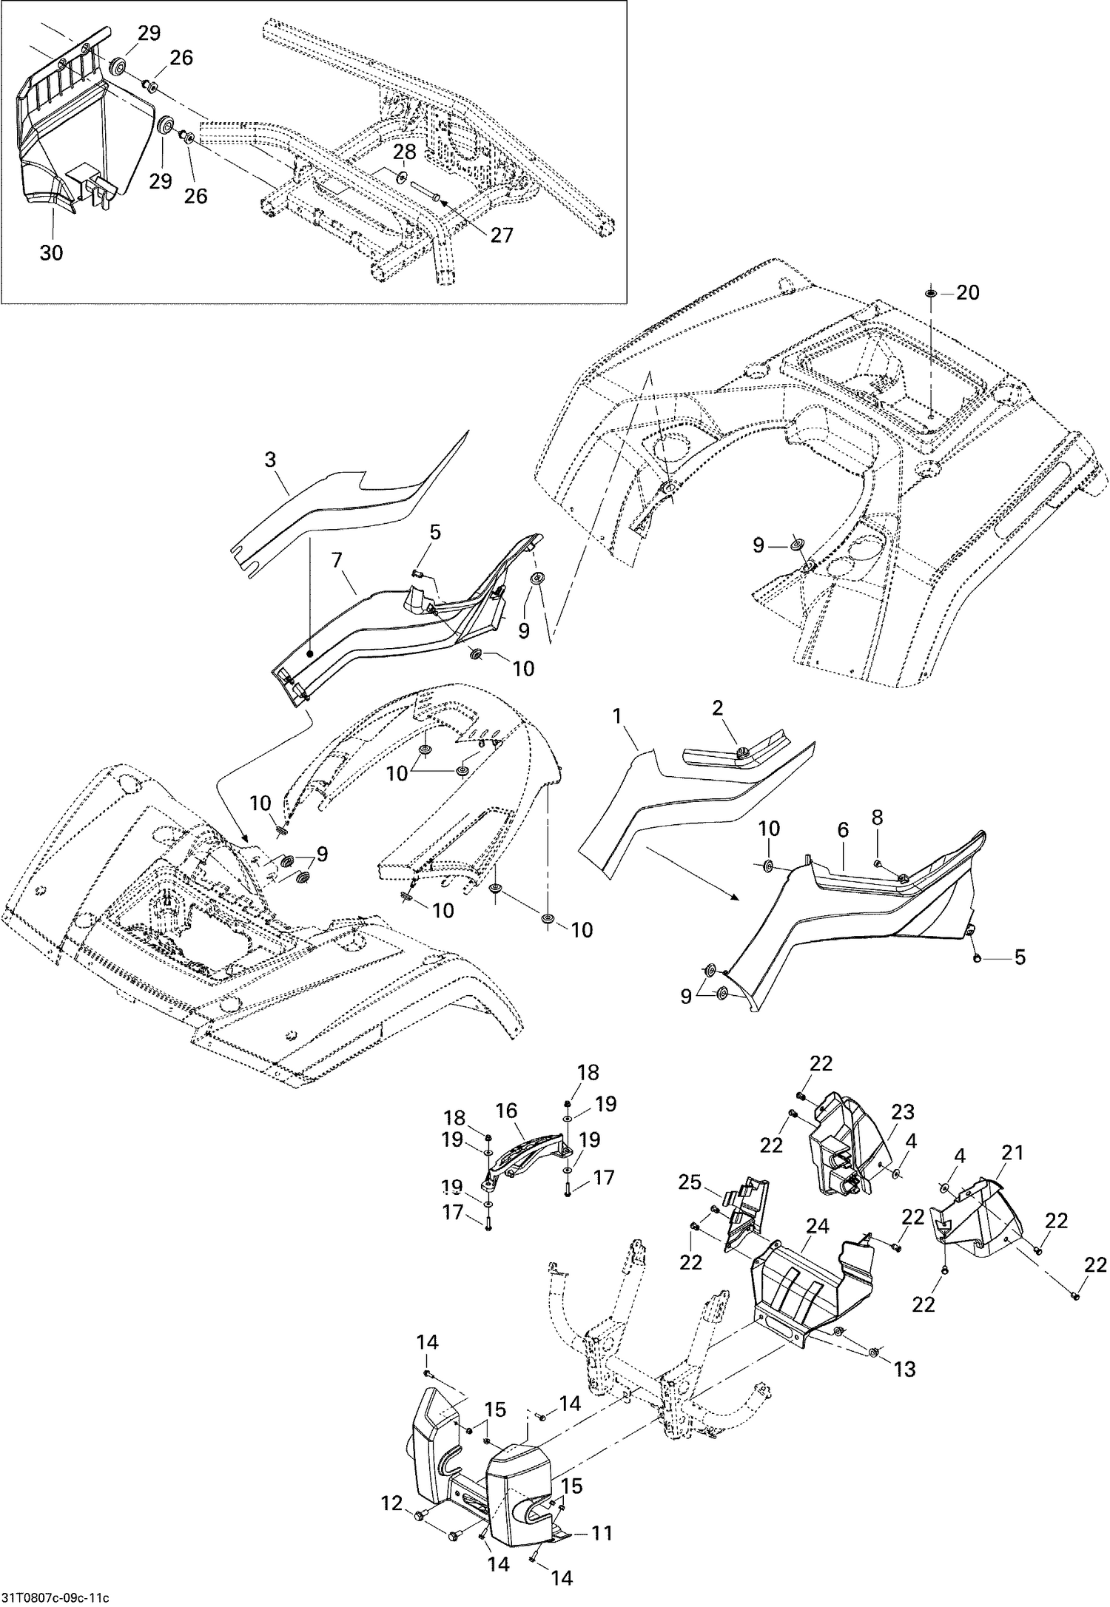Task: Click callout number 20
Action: (967, 293)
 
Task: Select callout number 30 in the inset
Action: (51, 252)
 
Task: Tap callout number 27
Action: (501, 235)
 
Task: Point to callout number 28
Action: (405, 152)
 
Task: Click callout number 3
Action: (270, 459)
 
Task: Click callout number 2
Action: (717, 708)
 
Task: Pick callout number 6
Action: (842, 832)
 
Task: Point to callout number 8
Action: (877, 818)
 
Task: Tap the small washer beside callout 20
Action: (930, 294)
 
